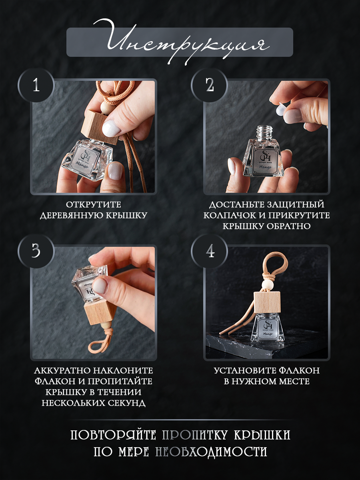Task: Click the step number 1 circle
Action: click(36, 86)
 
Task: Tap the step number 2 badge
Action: click(209, 86)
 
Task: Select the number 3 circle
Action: click(36, 251)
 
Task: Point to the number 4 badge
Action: click(209, 251)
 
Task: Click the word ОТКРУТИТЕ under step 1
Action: click(94, 205)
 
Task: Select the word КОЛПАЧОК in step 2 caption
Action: click(227, 215)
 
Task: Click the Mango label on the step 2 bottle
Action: click(265, 167)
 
